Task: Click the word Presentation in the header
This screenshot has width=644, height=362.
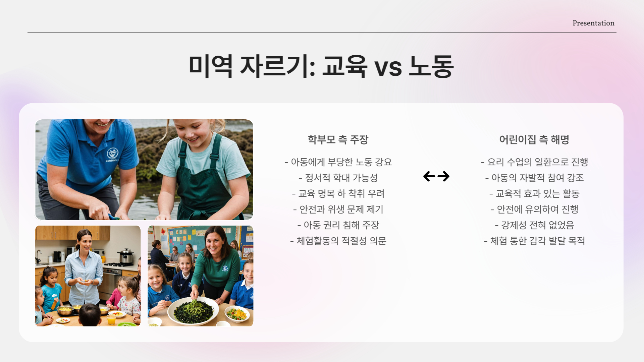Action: pyautogui.click(x=593, y=23)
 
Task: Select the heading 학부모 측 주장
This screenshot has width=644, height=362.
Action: pyautogui.click(x=338, y=139)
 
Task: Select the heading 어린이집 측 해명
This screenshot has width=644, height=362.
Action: pyautogui.click(x=534, y=139)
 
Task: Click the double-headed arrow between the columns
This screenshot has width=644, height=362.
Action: pyautogui.click(x=436, y=176)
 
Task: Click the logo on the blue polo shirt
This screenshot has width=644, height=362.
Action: pyautogui.click(x=112, y=154)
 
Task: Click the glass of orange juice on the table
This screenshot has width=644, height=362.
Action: pyautogui.click(x=111, y=319)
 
